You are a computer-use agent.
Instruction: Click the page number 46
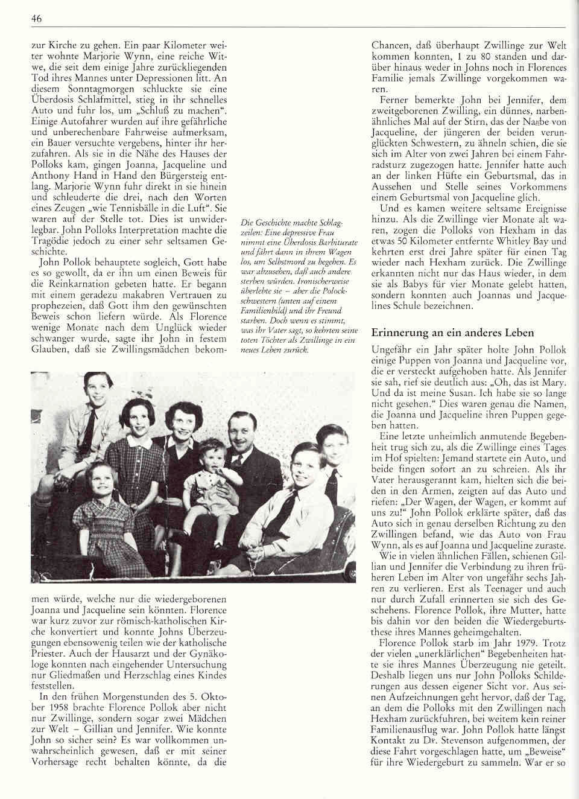pos(36,20)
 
